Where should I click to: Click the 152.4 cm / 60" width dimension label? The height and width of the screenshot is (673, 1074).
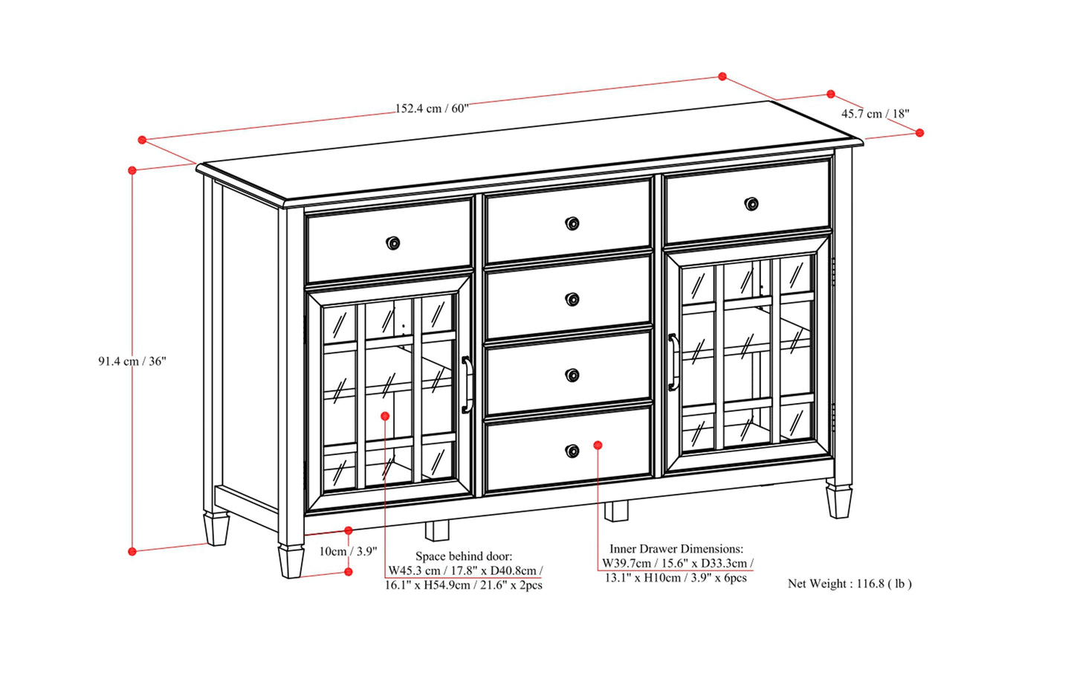[432, 109]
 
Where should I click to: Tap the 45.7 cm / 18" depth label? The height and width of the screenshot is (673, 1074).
[875, 114]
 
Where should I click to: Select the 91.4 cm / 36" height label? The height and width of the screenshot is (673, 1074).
[132, 361]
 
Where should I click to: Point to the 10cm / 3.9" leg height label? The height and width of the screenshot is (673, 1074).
[348, 551]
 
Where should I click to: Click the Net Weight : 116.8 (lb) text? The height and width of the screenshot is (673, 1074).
[850, 583]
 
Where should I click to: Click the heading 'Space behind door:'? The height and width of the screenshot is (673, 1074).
[464, 556]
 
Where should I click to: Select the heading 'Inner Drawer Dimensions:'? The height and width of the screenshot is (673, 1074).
[676, 548]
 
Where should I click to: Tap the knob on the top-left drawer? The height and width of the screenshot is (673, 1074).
[392, 242]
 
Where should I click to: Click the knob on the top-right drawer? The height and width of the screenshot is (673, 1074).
[751, 204]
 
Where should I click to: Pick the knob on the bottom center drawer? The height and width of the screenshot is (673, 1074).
[572, 451]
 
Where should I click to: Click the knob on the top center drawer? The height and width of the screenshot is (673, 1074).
[572, 224]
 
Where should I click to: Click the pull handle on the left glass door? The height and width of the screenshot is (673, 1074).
[467, 384]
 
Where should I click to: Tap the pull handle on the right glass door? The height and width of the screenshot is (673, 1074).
[673, 361]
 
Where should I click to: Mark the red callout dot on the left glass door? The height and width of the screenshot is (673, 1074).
[385, 416]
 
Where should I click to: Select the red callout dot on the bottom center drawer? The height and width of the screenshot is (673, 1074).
[598, 445]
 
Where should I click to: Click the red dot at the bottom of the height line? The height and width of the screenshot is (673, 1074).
[132, 552]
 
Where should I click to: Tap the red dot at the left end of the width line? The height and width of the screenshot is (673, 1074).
[142, 140]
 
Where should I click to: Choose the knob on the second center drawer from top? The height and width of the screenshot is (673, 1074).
[572, 300]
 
